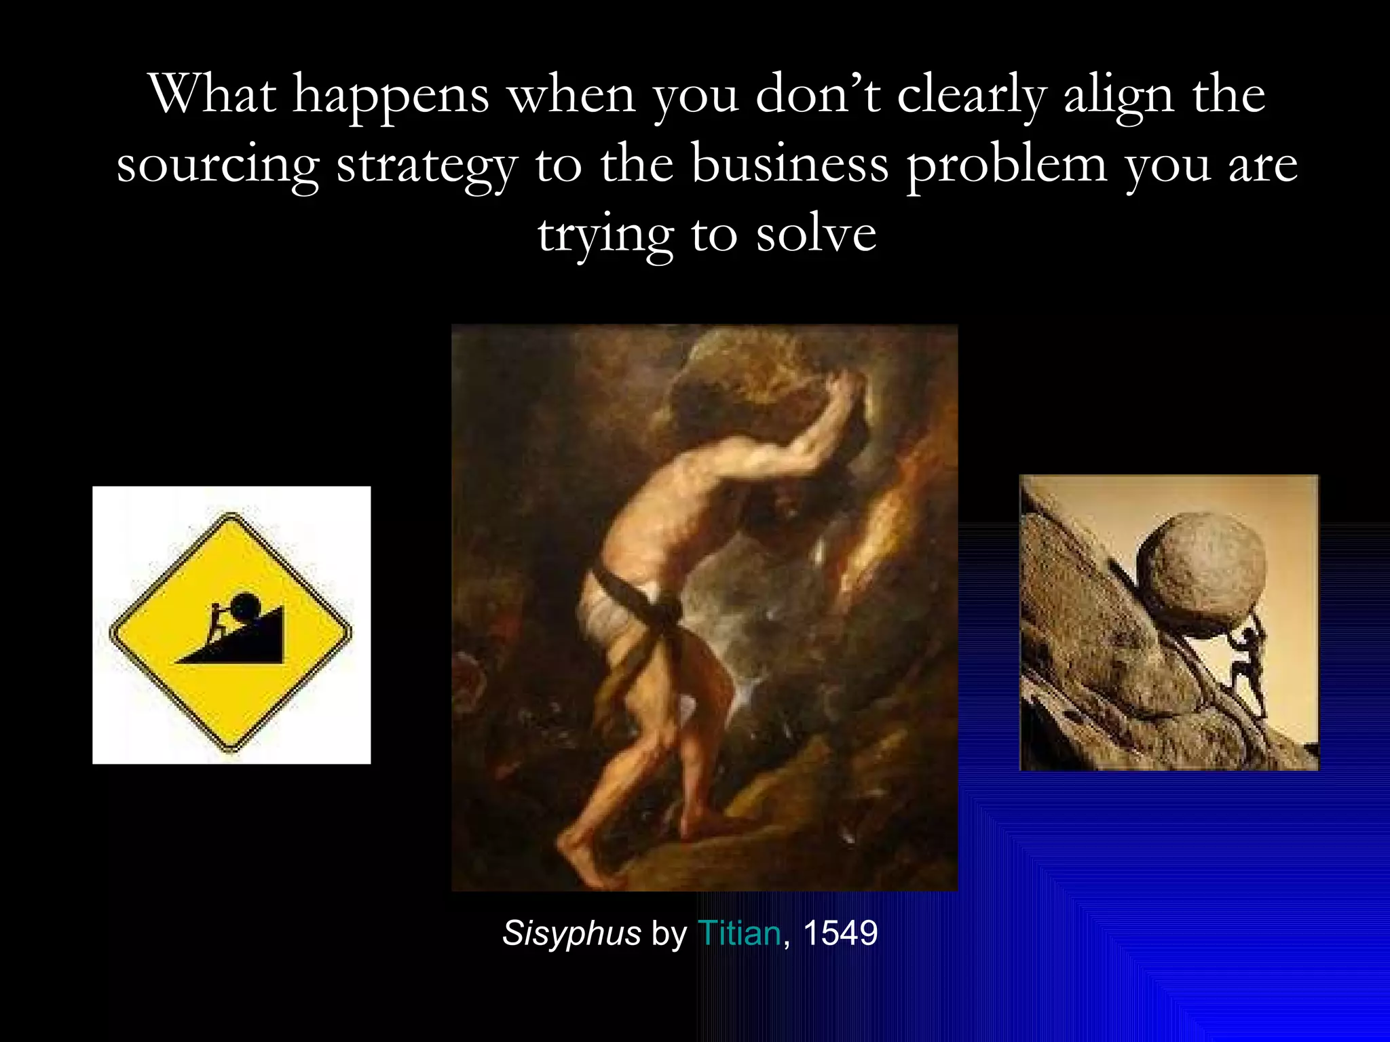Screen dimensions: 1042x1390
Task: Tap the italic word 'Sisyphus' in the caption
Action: click(x=571, y=933)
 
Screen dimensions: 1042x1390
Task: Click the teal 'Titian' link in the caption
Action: click(x=739, y=933)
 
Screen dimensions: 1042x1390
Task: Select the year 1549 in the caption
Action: click(x=840, y=933)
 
